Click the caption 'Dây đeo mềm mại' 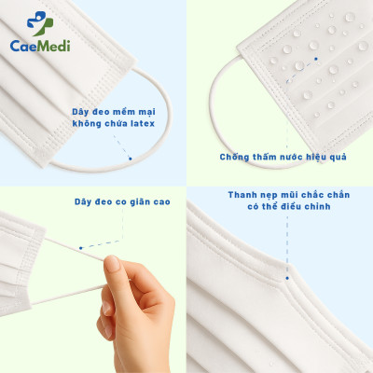[x=114, y=110]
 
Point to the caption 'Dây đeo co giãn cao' [x=115, y=200]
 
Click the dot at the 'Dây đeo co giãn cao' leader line [x=81, y=247]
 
